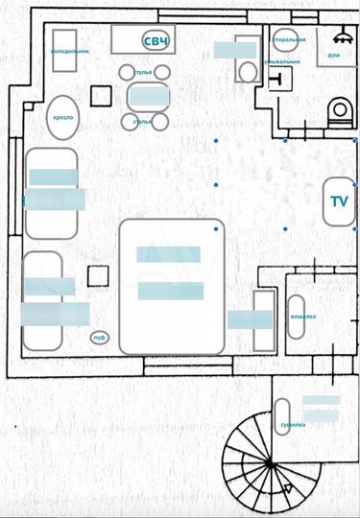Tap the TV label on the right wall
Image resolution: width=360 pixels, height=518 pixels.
tap(339, 201)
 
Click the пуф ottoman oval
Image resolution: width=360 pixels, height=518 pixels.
tap(99, 337)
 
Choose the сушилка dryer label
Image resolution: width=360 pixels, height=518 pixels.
tap(293, 424)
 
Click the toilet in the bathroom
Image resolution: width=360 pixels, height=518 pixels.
tap(338, 113)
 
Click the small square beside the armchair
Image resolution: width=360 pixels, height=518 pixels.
tap(100, 95)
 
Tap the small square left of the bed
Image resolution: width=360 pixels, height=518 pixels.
tap(97, 276)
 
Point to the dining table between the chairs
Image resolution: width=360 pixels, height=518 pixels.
tap(148, 96)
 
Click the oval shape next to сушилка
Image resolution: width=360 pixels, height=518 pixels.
tap(282, 415)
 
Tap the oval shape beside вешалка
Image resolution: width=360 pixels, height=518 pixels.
tap(297, 316)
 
